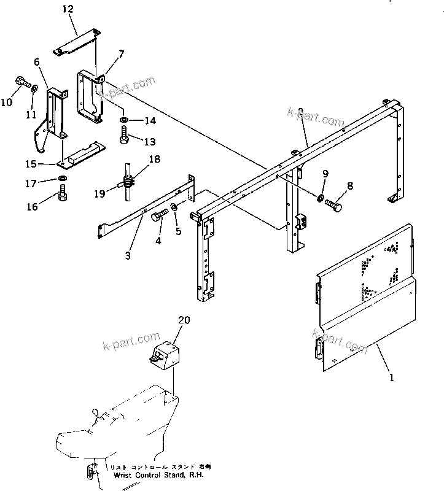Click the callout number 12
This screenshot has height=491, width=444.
68,9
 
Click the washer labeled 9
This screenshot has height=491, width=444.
321,197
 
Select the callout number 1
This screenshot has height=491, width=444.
391,378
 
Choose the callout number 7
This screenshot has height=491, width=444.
121,54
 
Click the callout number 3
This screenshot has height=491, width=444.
128,255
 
